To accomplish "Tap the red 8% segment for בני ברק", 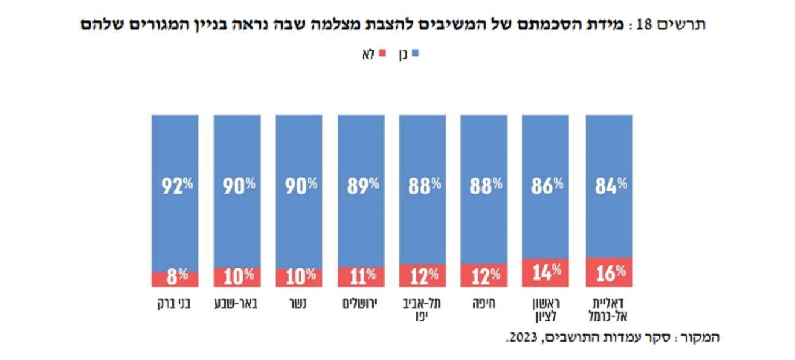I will [x=175, y=278].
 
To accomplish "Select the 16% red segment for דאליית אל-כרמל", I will [x=608, y=272].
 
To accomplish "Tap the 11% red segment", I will [x=360, y=277].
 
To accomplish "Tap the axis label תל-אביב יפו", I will [x=422, y=309].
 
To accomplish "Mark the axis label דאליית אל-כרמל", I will [x=608, y=309].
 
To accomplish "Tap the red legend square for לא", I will [x=382, y=54].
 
